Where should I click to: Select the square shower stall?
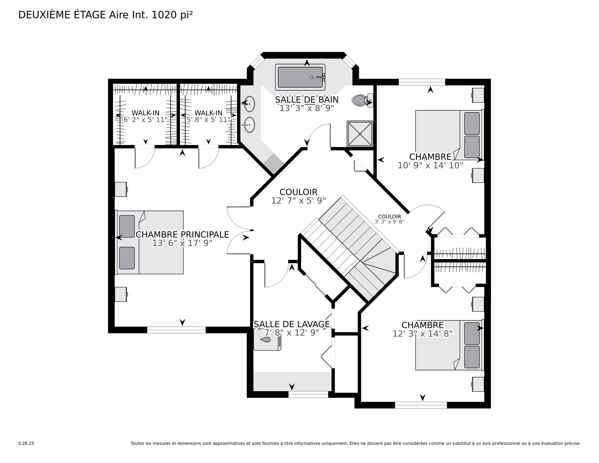360,134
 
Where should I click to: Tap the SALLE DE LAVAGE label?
292,324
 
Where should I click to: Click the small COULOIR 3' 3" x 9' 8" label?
390,219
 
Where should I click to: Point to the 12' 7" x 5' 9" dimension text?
298,201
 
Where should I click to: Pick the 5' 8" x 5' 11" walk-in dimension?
208,120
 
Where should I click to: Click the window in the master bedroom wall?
176,330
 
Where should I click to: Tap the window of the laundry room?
308,394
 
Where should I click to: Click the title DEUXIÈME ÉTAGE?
62,15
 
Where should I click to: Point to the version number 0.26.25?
26,443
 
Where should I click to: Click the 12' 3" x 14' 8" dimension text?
423,334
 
